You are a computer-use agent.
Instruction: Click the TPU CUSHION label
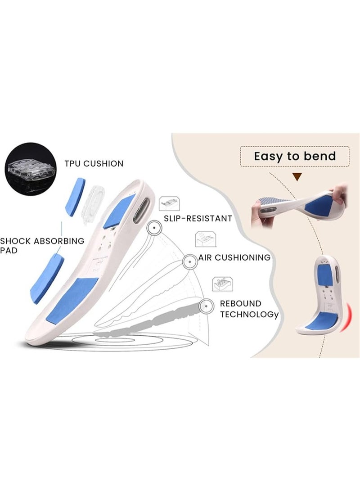94,163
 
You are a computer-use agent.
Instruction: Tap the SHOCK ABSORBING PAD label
42,246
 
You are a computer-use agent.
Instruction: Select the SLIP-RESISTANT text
198,218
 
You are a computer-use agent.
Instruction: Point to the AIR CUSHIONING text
234,257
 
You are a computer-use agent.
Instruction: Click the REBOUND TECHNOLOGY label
249,309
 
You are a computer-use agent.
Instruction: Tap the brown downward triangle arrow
297,177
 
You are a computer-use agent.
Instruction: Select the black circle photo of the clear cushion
30,169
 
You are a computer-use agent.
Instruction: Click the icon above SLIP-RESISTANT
169,203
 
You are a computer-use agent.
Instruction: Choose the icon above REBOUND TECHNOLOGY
223,284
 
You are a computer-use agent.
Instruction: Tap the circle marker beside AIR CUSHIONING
190,261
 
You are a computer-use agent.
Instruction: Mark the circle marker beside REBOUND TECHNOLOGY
206,306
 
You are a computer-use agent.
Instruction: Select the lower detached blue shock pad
46,279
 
